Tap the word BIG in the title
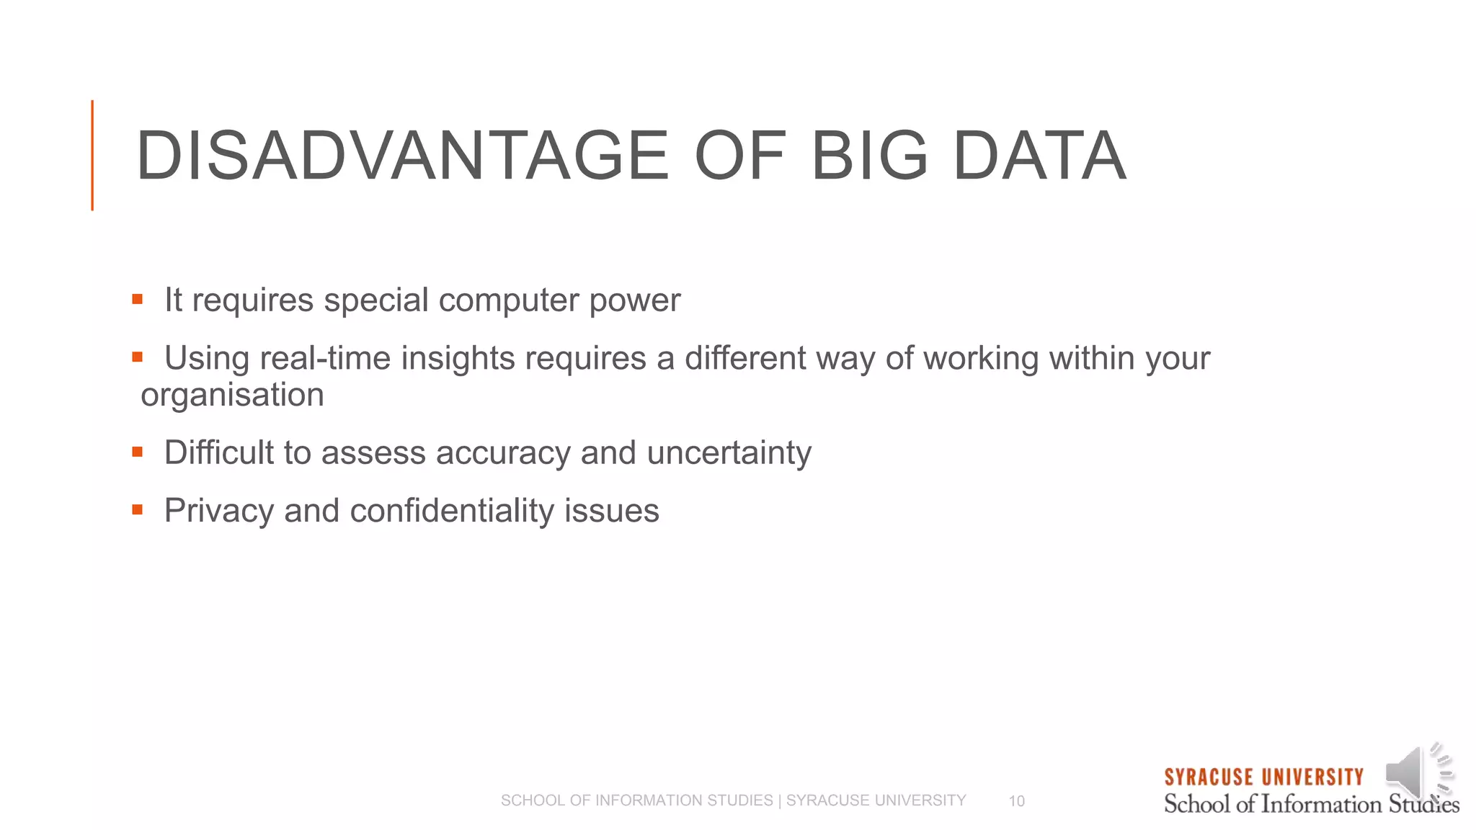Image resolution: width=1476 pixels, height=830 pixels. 869,156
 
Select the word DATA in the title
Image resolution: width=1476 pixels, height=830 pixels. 1039,156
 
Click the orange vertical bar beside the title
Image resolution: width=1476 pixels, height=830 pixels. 92,156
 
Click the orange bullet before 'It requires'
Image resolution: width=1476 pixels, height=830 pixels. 137,299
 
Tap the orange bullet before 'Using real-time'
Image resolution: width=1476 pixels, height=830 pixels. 137,357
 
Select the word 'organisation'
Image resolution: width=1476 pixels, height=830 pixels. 232,395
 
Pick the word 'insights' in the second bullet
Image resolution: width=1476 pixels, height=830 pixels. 458,358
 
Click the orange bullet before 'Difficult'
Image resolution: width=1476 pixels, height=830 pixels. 137,452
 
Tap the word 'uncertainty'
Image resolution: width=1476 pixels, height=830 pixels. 729,453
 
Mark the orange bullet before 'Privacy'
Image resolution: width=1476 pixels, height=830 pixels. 137,510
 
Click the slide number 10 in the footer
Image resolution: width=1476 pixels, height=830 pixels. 1016,801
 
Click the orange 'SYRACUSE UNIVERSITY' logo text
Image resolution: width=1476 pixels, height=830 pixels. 1263,777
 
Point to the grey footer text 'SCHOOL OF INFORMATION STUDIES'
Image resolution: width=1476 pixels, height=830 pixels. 636,800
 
